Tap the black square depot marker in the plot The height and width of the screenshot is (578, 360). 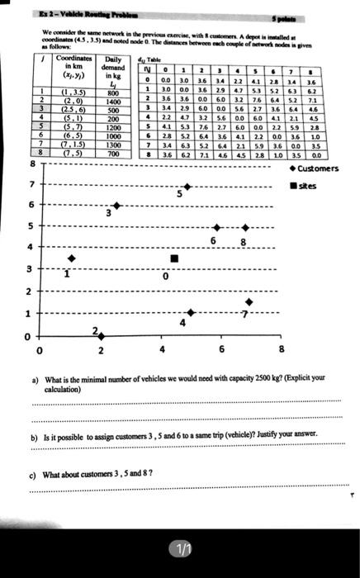click(173, 259)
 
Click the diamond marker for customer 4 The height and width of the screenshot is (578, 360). click(191, 312)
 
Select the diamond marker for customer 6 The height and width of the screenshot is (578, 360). click(217, 227)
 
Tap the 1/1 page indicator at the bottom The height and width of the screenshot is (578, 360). click(180, 547)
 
